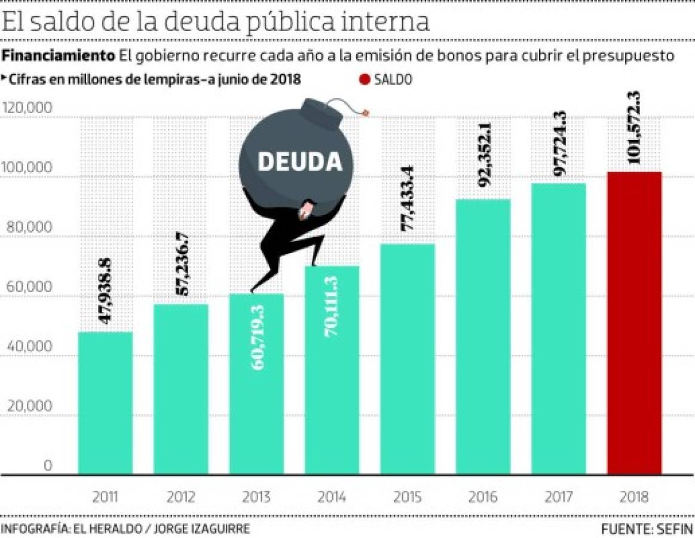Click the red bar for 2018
(634, 323)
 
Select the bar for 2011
(105, 403)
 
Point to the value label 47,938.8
(106, 291)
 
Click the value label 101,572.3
(634, 127)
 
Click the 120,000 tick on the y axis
(27, 108)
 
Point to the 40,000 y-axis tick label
(27, 347)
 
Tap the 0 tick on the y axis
(48, 466)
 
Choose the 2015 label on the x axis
(408, 497)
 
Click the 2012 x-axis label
(181, 497)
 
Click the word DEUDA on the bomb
(299, 161)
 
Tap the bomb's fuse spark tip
(365, 111)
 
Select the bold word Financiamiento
(59, 56)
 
